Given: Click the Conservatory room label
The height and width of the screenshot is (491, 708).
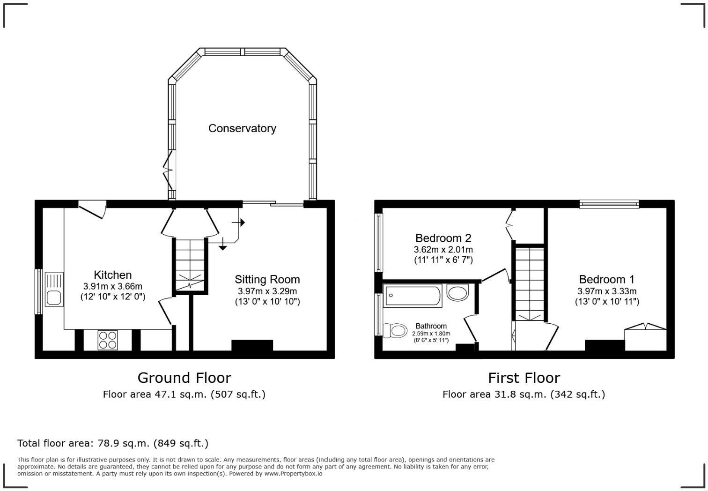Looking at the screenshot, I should click(x=242, y=128).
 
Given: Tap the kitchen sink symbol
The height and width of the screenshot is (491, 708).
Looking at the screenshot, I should click(x=54, y=290).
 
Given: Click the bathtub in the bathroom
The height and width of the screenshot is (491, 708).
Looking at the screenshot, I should click(x=413, y=296).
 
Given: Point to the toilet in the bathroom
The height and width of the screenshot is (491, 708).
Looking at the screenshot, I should click(x=395, y=331).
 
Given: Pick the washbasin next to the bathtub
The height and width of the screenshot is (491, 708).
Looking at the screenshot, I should click(x=457, y=293).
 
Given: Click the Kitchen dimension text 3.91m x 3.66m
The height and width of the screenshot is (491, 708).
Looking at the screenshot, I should click(x=113, y=286).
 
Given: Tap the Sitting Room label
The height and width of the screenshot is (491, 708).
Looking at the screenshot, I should click(x=267, y=279).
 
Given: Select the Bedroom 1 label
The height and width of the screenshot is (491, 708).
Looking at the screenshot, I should click(x=606, y=279).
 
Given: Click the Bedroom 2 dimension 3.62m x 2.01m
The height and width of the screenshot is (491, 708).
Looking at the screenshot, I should click(x=443, y=250).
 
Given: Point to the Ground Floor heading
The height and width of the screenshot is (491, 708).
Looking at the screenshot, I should click(x=184, y=378).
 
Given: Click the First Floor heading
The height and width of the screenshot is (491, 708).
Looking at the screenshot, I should click(x=524, y=378).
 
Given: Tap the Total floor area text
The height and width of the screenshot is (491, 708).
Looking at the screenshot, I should click(x=112, y=443).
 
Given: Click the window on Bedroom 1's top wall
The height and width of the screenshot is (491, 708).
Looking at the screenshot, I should click(x=609, y=204).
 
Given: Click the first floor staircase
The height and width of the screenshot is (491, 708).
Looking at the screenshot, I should click(x=530, y=283).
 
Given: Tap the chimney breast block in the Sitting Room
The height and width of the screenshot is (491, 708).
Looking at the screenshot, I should click(x=252, y=345).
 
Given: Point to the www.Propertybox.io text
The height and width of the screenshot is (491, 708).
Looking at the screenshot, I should click(x=293, y=474).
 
